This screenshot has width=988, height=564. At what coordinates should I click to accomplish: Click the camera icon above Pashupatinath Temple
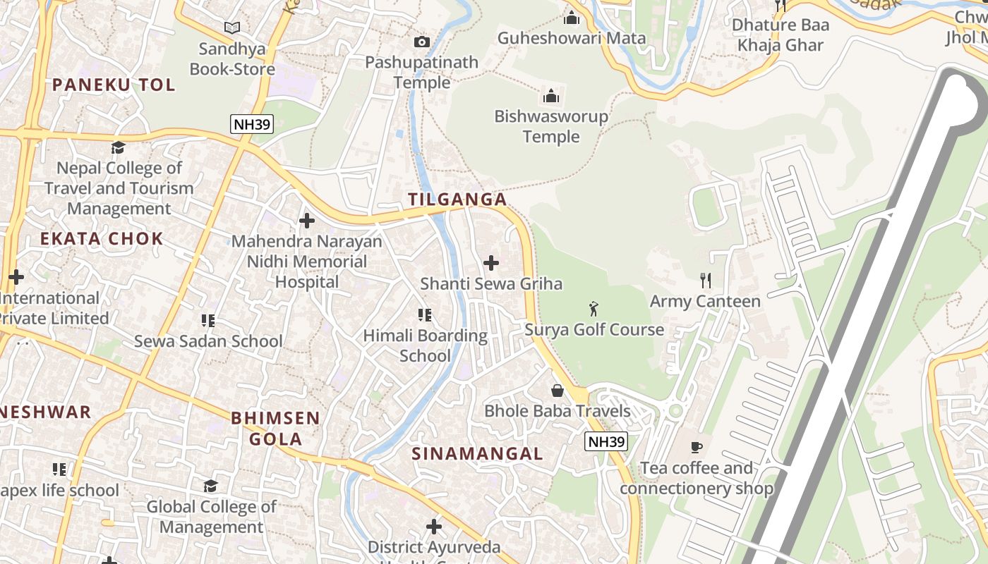point(422,42)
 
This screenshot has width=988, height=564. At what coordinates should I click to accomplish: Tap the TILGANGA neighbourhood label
point(457,200)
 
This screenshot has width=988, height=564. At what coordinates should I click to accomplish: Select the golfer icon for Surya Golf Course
point(594,309)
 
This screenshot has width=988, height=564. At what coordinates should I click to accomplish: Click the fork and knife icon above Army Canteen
point(705,280)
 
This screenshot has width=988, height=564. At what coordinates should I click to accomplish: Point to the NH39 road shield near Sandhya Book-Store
point(252,125)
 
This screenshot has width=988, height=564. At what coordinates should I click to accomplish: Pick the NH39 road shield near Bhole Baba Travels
point(606,442)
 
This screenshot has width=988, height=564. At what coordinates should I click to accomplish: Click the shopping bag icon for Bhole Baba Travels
point(558,390)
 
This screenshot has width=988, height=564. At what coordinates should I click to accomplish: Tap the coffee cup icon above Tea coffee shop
point(697,447)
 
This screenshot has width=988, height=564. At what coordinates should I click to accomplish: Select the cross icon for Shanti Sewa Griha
point(491,263)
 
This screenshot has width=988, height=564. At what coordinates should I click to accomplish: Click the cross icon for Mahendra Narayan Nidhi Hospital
point(307,221)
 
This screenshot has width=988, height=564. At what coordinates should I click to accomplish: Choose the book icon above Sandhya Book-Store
point(232,28)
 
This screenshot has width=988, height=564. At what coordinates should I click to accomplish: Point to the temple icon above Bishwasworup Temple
point(551,96)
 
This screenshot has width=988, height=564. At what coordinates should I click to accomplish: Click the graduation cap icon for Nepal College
point(119,147)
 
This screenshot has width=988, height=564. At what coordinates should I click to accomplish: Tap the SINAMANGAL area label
point(477,453)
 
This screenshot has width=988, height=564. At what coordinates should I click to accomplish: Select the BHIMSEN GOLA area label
point(275,428)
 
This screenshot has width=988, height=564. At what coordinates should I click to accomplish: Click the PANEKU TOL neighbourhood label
point(113,85)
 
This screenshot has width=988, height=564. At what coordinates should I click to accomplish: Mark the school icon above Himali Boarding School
point(424,314)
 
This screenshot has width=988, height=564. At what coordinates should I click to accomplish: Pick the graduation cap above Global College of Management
point(210,486)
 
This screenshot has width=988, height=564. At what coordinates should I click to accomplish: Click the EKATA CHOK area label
point(102,238)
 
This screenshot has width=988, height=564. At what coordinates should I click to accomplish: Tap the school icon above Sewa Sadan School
point(208,321)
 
